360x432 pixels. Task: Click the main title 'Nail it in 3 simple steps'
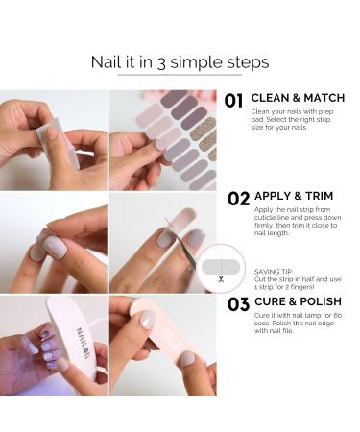(x=180, y=62)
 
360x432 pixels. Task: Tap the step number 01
(x=233, y=101)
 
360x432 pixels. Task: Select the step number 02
(x=238, y=199)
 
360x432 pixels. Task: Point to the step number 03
(x=238, y=304)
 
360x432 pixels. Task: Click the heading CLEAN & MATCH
(x=298, y=98)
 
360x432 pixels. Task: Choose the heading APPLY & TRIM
(x=294, y=196)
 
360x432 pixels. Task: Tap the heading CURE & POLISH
(x=298, y=301)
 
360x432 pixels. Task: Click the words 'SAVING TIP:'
(x=274, y=272)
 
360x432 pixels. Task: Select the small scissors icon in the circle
(x=221, y=279)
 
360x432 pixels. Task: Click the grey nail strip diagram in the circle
(x=221, y=267)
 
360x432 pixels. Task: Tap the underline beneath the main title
(x=180, y=75)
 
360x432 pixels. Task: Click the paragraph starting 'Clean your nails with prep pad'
(x=292, y=119)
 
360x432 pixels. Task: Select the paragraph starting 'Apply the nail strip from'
(x=298, y=222)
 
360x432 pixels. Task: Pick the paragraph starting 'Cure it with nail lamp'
(x=298, y=324)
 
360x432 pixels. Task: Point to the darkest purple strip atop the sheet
(x=174, y=98)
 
